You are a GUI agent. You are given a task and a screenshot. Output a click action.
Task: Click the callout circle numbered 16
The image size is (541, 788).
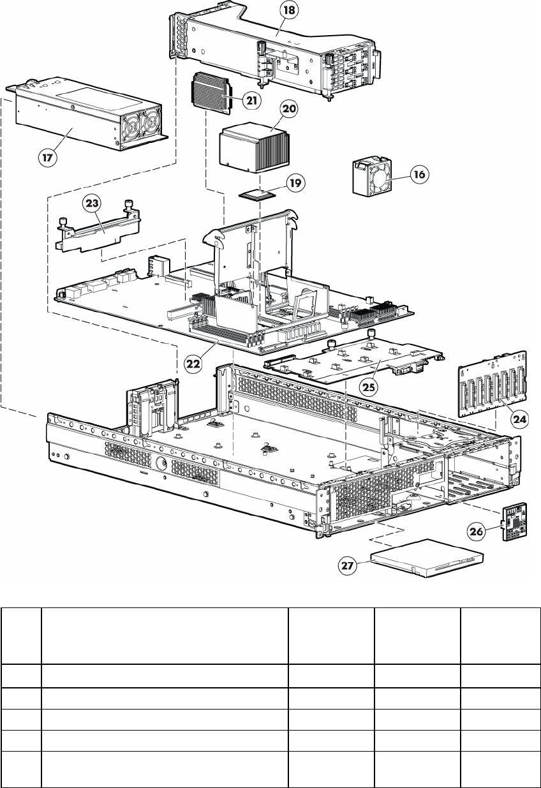(419, 174)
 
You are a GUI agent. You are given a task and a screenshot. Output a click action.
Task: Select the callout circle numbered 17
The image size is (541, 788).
(47, 157)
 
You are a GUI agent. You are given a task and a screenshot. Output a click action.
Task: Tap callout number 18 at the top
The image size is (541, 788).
(289, 11)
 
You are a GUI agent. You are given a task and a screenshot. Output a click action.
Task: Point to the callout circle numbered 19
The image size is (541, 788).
(295, 183)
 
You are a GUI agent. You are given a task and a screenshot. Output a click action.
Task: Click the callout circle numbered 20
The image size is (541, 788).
(289, 108)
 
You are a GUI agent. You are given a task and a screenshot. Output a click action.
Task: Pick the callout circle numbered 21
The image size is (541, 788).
(252, 101)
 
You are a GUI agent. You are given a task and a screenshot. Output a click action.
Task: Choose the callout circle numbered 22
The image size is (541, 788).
(193, 364)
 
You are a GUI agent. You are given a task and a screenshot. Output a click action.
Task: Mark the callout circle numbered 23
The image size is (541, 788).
(92, 204)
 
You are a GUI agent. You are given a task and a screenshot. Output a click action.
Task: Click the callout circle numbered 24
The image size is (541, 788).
(519, 419)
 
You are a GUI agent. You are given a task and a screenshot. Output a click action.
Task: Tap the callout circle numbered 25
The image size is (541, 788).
(369, 387)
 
